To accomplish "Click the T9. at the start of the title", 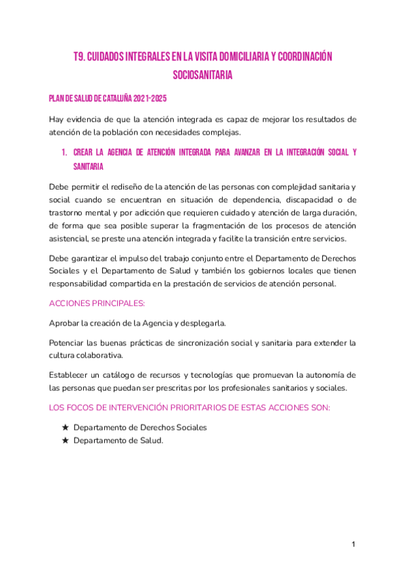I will [81, 57].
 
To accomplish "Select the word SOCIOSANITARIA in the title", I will [203, 75].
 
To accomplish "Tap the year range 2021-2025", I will [149, 98].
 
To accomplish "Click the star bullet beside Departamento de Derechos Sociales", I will [65, 428].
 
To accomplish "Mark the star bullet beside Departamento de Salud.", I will [65, 440].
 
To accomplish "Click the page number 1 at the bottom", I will [353, 545].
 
